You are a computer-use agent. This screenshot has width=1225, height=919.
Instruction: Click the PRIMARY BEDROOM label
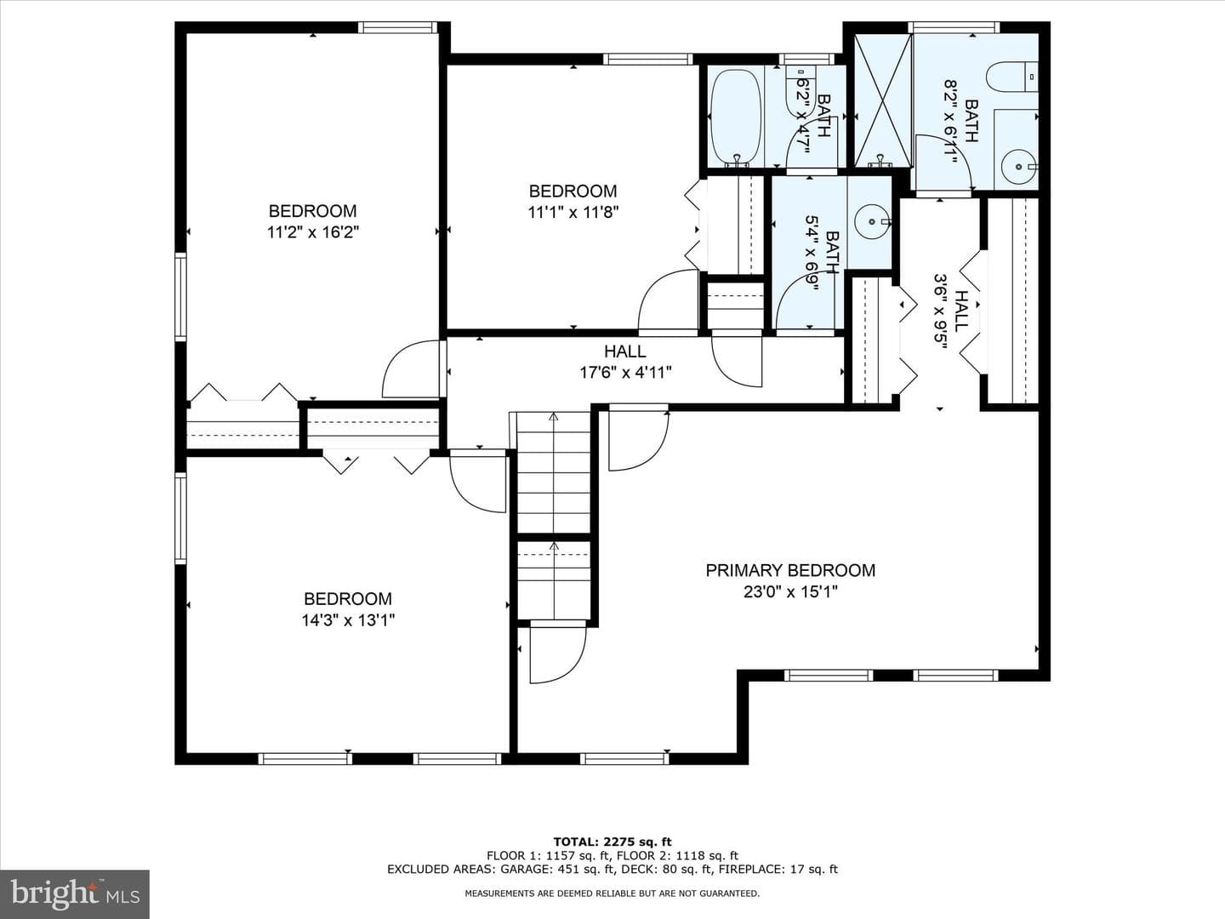[x=790, y=570]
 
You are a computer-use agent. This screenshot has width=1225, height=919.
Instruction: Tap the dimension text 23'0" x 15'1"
[x=790, y=591]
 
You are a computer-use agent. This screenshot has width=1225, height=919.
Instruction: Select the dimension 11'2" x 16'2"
[x=312, y=232]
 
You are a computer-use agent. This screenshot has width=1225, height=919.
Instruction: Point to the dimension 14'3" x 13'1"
[x=348, y=620]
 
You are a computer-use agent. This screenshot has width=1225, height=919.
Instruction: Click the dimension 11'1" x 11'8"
[x=573, y=212]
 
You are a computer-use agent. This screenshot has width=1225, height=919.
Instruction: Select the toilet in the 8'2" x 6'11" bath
[x=1011, y=77]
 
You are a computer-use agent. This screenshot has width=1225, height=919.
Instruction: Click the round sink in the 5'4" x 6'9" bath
[x=872, y=221]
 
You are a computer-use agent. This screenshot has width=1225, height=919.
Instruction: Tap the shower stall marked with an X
[x=883, y=100]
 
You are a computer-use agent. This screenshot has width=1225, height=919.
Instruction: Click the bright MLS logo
[x=75, y=893]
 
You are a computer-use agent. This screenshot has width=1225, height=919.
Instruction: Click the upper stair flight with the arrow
[x=554, y=472]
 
